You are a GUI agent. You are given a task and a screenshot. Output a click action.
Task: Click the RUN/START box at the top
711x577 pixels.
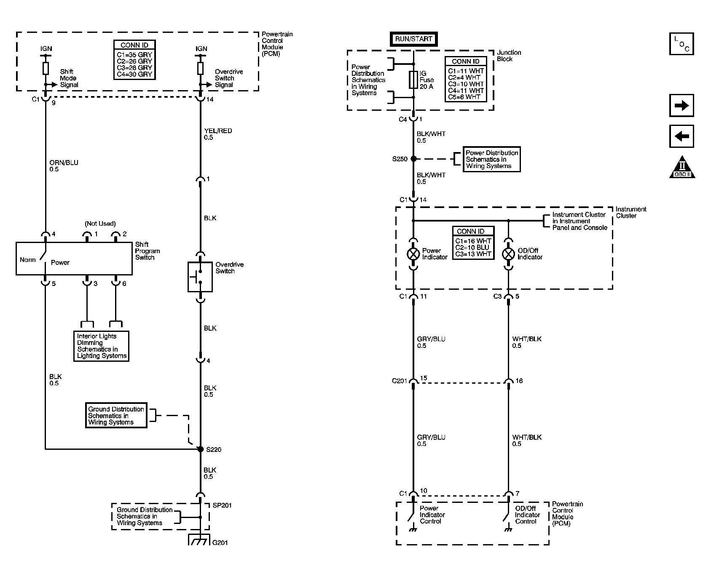coord(413,39)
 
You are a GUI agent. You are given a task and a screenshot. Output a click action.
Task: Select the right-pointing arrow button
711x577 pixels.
coord(681,106)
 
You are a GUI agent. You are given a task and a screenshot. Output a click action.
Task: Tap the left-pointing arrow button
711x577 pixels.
coord(681,136)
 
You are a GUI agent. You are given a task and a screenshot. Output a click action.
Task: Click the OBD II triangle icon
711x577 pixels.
coord(682,168)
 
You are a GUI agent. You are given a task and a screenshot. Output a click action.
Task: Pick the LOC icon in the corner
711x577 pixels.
coord(681,44)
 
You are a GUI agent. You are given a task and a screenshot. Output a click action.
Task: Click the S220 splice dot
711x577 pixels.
coord(201,449)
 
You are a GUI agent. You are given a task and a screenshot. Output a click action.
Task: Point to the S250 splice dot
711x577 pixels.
coord(413,159)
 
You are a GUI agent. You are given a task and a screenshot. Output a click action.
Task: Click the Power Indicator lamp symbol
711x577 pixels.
coord(413,254)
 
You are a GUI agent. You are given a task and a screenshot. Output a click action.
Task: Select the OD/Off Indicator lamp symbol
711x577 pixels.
coord(509,254)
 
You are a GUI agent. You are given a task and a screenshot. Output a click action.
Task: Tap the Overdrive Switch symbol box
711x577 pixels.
coord(200,277)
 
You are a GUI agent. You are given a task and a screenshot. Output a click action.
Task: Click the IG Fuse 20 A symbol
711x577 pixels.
coord(413,80)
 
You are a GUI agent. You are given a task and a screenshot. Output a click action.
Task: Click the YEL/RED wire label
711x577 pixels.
coord(218,131)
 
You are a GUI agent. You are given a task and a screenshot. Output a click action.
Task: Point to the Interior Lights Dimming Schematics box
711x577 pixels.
coord(102,346)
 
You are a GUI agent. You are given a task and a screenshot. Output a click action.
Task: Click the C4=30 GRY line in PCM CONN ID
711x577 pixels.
coord(134,75)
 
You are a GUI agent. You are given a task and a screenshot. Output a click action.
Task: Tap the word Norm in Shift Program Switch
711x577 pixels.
coord(28,259)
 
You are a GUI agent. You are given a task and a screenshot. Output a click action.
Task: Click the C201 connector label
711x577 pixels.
coord(399,381)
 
